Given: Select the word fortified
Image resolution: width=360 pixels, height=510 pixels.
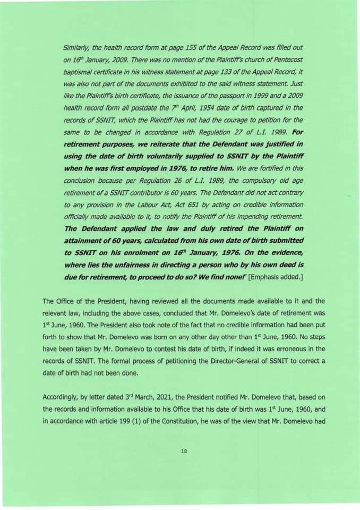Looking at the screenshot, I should point(270,168).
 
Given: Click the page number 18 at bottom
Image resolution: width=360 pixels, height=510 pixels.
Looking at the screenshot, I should point(185,451).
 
